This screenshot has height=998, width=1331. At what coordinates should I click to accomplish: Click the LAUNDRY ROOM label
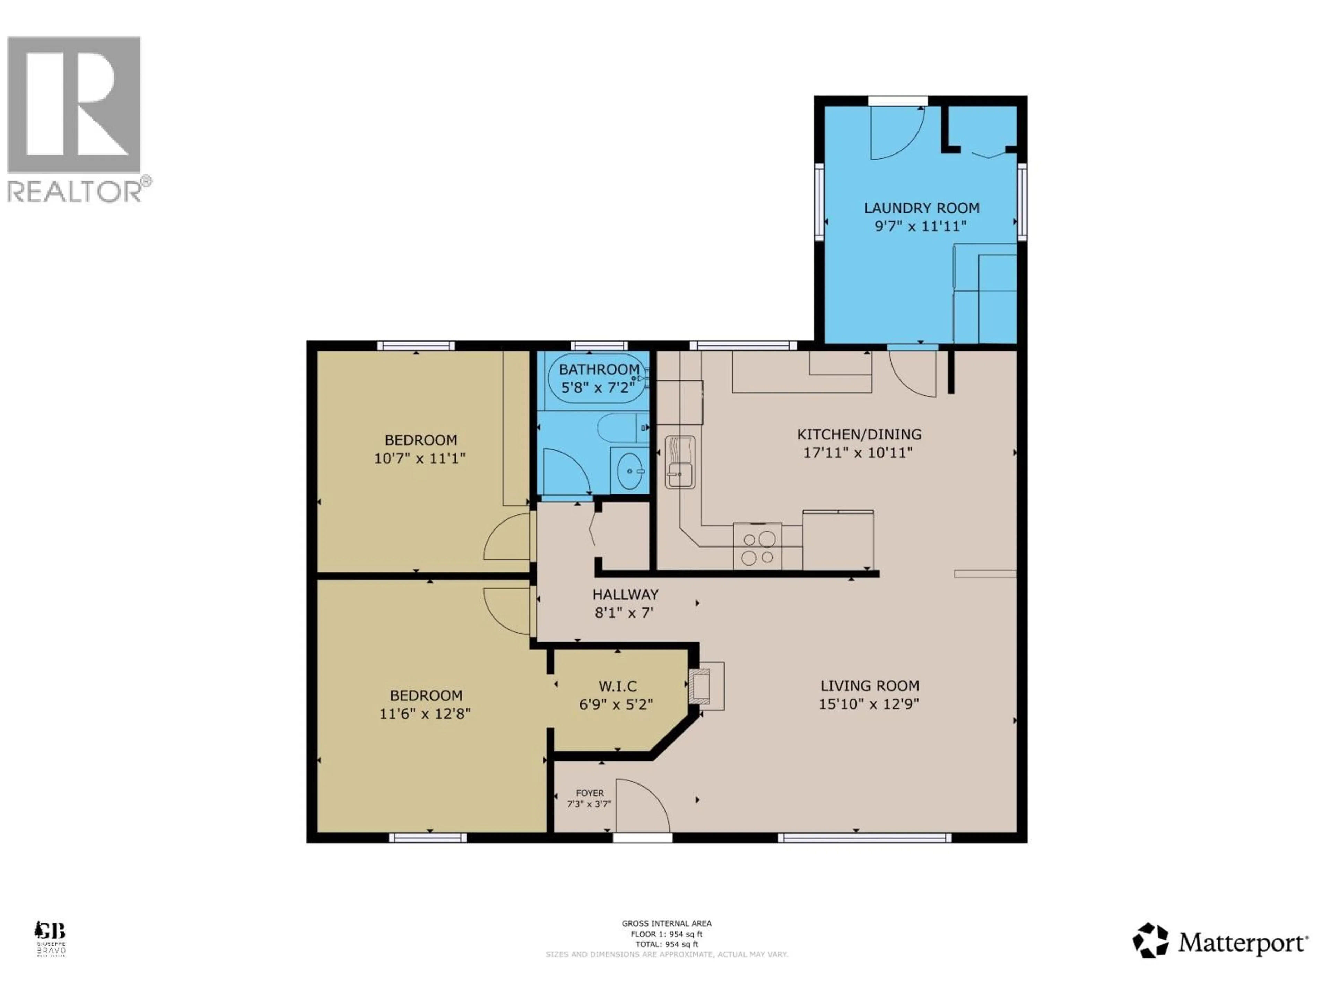pos(921,208)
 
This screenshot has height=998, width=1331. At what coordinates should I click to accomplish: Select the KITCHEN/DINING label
pos(859,434)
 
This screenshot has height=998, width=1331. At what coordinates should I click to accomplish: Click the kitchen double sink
pos(680,462)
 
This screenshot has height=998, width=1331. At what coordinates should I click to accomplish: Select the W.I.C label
pos(617,686)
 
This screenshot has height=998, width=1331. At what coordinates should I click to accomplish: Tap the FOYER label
pos(590,793)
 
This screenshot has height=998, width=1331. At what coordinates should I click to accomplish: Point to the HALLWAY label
pos(625,594)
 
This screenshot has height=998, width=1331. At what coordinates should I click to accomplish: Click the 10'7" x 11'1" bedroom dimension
pos(420,458)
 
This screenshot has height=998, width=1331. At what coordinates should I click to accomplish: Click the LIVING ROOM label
pos(869,686)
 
